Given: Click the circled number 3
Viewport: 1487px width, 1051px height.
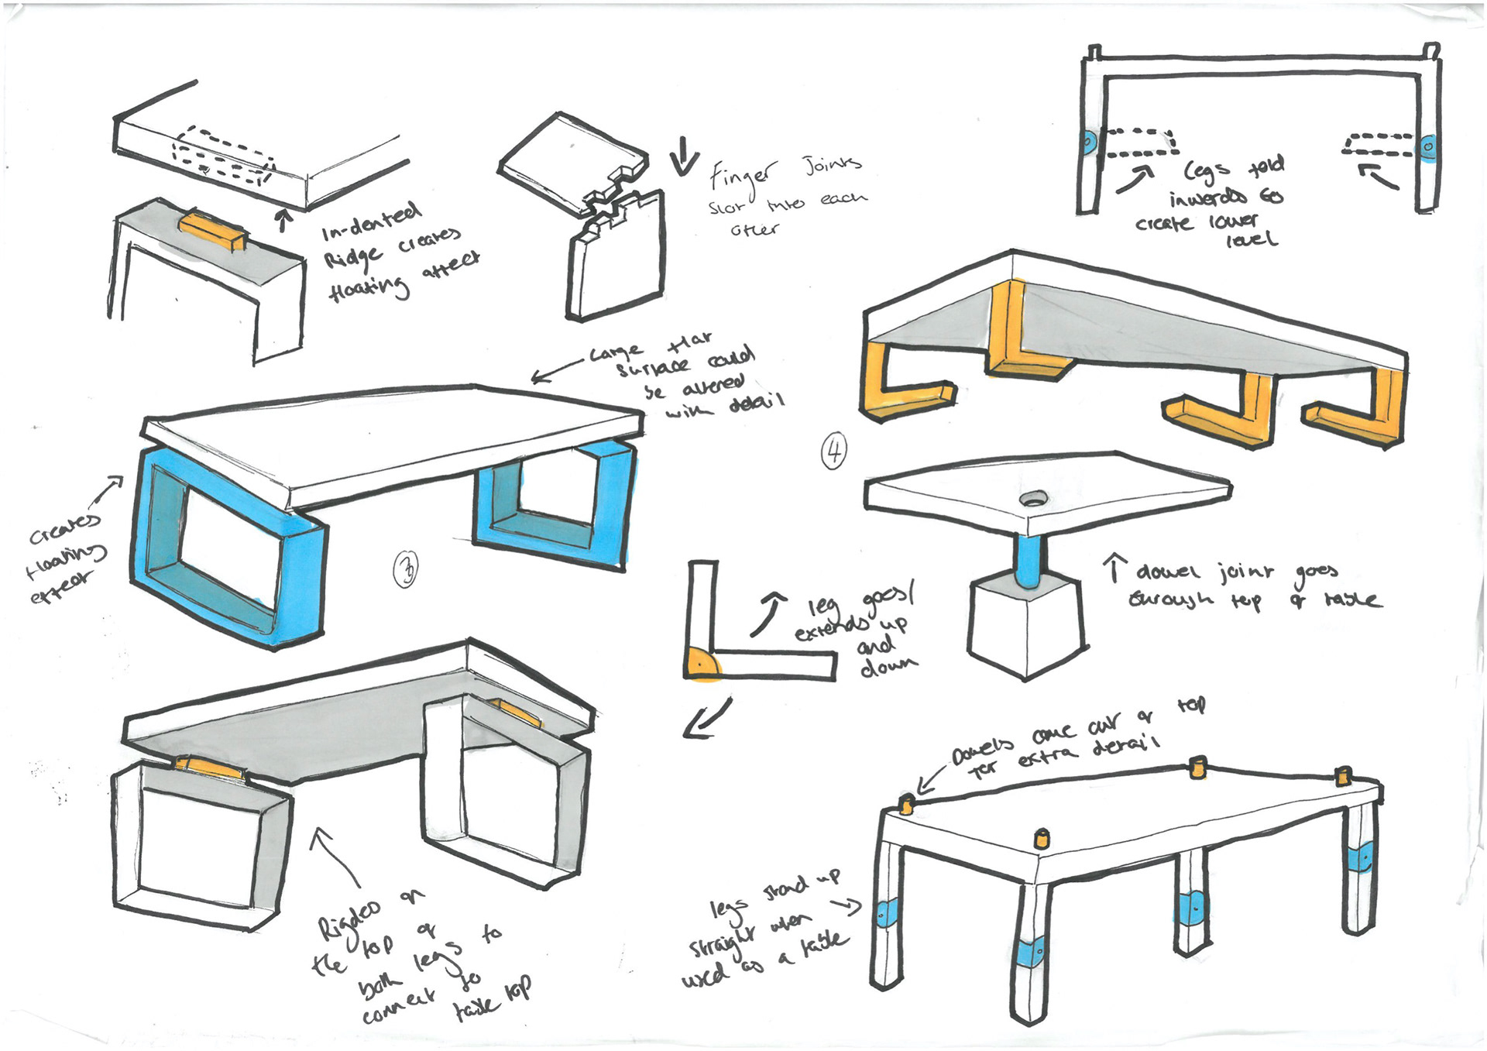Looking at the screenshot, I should tap(406, 569).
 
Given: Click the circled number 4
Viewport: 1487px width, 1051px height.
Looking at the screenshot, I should tap(834, 451).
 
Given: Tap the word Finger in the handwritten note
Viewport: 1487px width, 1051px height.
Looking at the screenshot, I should tap(742, 176).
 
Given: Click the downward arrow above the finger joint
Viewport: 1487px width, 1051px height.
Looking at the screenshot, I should tap(683, 156).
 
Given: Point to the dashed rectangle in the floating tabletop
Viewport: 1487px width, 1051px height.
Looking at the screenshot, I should tap(223, 158).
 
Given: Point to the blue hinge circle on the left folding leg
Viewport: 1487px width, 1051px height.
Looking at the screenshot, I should tap(1089, 143).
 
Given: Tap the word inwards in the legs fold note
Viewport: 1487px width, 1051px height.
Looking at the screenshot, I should tap(1207, 198).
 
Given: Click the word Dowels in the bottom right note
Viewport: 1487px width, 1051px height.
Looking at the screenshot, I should tap(983, 750).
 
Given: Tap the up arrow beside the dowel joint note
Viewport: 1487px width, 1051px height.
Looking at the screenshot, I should tap(1114, 567).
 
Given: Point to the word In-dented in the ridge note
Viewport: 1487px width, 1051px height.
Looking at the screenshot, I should tap(371, 220).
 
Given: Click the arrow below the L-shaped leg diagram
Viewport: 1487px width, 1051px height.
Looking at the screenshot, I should tap(706, 720).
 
